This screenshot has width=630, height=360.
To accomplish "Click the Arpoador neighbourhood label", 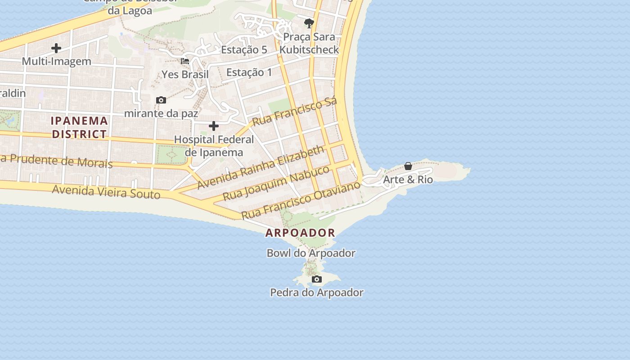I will click(300, 233).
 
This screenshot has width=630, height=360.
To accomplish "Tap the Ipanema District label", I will click(79, 127).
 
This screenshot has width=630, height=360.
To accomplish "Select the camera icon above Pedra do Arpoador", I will click(317, 279).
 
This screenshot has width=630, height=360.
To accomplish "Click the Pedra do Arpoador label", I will click(317, 292).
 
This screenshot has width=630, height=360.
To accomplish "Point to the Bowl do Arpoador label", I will click(311, 253).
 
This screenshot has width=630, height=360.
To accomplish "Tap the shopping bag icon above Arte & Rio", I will click(408, 166).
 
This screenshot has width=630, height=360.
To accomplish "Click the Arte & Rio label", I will click(408, 180).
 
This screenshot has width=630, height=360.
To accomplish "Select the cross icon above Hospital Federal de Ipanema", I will click(214, 126).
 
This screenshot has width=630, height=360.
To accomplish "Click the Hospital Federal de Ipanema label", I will click(214, 146).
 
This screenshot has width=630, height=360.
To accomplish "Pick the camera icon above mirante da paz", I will click(161, 100).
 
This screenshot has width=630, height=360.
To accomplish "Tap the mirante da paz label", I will click(161, 113).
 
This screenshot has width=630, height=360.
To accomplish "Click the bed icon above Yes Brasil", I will click(185, 61).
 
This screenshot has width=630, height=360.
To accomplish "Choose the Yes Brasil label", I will click(185, 74).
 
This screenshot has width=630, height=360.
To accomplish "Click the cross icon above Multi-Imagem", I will click(56, 48).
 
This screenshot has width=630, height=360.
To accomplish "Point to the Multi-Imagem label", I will click(56, 61).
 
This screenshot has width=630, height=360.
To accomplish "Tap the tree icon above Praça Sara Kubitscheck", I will click(309, 23).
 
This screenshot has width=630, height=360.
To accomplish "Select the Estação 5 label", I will click(244, 49).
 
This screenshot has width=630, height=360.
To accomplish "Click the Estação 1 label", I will click(249, 72).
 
